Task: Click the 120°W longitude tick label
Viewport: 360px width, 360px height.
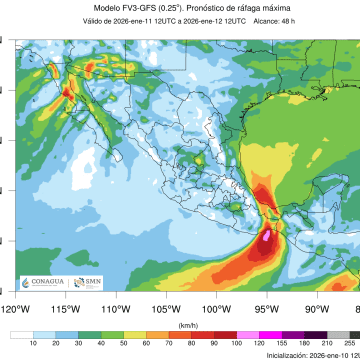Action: (x=14, y=309)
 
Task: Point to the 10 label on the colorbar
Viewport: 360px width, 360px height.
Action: (x=32, y=344)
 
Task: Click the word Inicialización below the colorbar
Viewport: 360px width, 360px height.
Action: (x=289, y=355)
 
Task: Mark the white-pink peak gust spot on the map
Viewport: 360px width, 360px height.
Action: (x=266, y=237)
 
